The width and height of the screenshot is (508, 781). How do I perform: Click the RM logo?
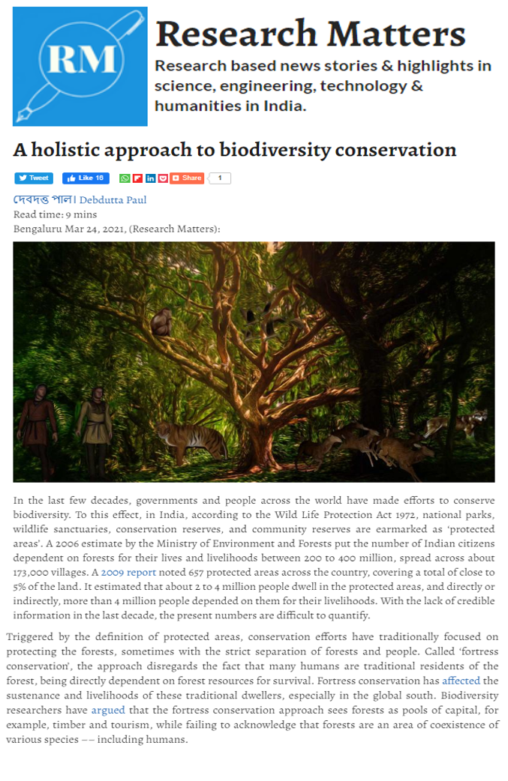(80, 67)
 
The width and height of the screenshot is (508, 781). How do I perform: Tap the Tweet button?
(34, 178)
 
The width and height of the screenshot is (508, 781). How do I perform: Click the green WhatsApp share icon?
(125, 178)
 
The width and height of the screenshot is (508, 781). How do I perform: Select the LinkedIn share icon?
(150, 178)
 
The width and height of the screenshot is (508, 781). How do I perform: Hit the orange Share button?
(187, 178)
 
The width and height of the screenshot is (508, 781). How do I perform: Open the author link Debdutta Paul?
(113, 200)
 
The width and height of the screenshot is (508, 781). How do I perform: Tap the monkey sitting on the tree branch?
(161, 323)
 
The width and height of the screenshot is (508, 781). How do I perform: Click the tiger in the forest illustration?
(193, 441)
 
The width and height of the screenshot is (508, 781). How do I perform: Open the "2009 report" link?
(128, 572)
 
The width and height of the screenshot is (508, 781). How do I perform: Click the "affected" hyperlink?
(461, 681)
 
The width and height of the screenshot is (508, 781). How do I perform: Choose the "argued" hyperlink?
(108, 710)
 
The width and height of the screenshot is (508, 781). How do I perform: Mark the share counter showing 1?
(220, 178)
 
